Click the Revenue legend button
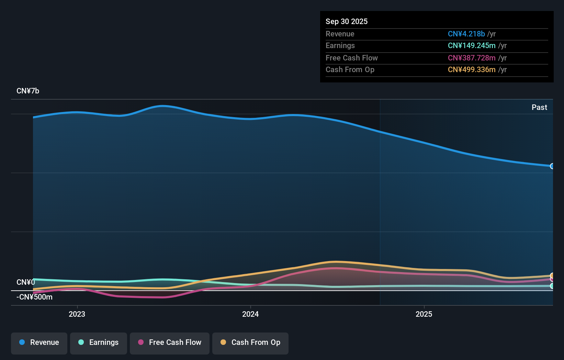click(x=39, y=342)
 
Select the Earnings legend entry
click(x=99, y=342)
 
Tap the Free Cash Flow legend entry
click(x=170, y=342)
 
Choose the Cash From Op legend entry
click(x=250, y=342)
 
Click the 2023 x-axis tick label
click(x=77, y=314)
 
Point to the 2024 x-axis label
click(x=250, y=314)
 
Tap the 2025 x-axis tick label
click(x=424, y=314)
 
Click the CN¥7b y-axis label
click(x=28, y=91)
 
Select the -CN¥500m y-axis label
click(x=34, y=297)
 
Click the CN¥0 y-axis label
click(x=25, y=282)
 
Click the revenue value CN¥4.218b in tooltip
click(x=466, y=34)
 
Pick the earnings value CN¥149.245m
click(x=471, y=46)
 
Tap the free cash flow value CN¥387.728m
click(x=471, y=58)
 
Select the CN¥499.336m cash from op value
click(x=471, y=70)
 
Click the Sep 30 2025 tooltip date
click(x=346, y=22)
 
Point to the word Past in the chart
click(x=539, y=108)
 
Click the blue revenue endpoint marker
click(x=552, y=166)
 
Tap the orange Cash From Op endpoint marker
click(x=552, y=275)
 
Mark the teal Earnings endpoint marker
click(x=552, y=286)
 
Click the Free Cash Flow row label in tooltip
click(x=351, y=58)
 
